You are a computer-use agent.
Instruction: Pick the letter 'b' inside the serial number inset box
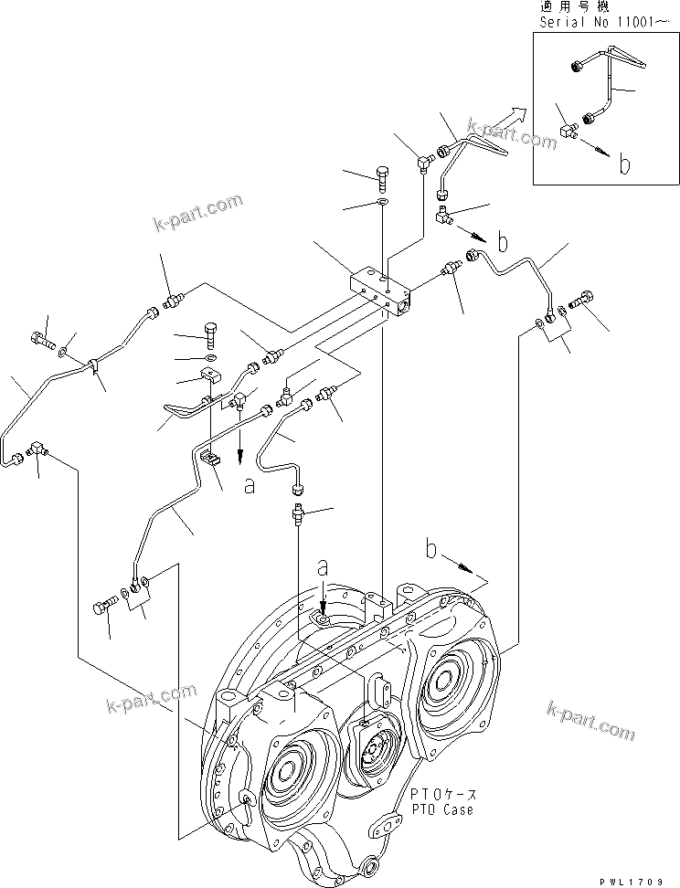coord(625,164)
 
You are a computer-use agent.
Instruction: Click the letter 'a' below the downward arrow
coord(249,486)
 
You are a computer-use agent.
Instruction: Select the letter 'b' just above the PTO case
coord(434,551)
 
